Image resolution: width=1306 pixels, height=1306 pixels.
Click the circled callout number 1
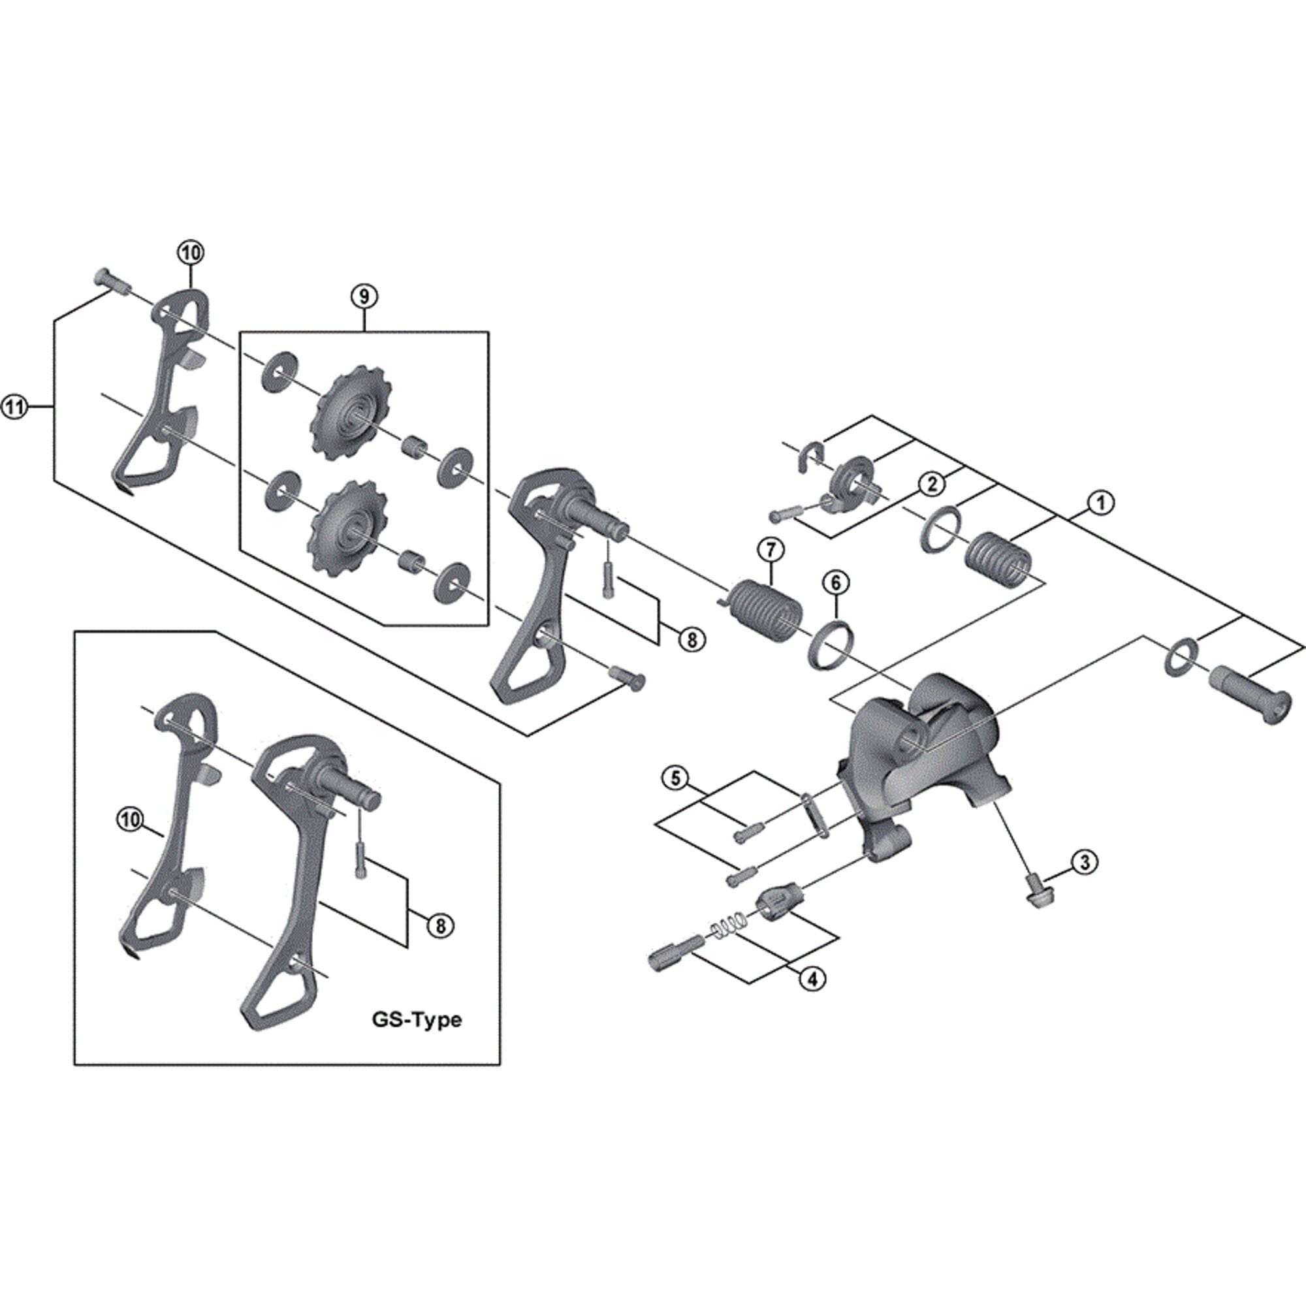pyautogui.click(x=1100, y=503)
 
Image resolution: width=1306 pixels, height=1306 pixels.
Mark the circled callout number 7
pyautogui.click(x=771, y=550)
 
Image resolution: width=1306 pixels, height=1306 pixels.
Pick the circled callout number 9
pyautogui.click(x=364, y=296)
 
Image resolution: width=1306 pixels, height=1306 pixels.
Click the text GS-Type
pyautogui.click(x=417, y=1019)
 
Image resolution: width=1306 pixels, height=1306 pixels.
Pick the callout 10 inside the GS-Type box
pyautogui.click(x=131, y=820)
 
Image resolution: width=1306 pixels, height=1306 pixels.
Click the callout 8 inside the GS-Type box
pyautogui.click(x=441, y=925)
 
